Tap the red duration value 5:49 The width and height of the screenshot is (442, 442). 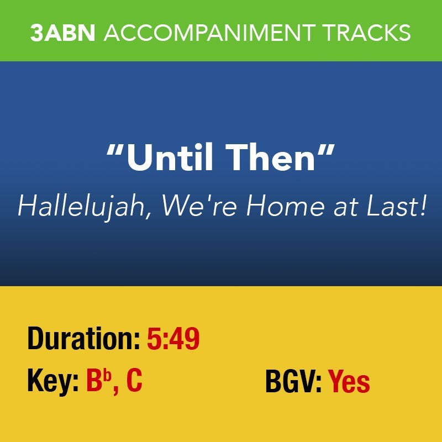tap(173, 339)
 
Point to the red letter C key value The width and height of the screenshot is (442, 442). tap(134, 382)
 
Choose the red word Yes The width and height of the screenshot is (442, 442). tap(349, 382)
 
